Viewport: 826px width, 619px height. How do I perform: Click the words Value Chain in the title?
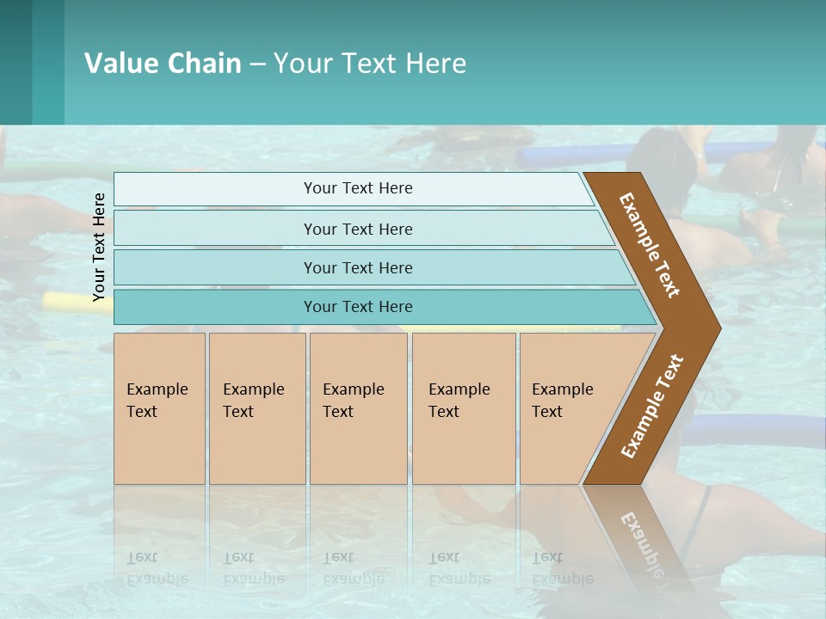click(163, 64)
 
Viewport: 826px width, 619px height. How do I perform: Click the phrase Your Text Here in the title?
click(370, 64)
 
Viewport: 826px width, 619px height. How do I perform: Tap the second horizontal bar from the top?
click(358, 229)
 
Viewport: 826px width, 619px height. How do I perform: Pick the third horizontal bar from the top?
click(358, 267)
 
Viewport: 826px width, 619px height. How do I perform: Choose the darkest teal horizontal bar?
click(358, 307)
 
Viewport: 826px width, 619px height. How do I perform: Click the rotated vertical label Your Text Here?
click(99, 247)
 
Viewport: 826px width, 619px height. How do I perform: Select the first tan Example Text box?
click(159, 408)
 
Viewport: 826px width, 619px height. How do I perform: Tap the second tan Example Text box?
click(256, 408)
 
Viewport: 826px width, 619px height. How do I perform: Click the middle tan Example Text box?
click(357, 408)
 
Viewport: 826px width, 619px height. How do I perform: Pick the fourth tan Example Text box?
click(463, 408)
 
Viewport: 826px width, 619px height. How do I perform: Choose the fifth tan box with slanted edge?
click(568, 408)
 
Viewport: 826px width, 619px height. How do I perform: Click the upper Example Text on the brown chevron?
click(650, 245)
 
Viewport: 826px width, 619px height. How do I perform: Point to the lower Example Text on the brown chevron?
click(652, 406)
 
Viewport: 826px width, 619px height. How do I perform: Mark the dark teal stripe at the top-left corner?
click(15, 62)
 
